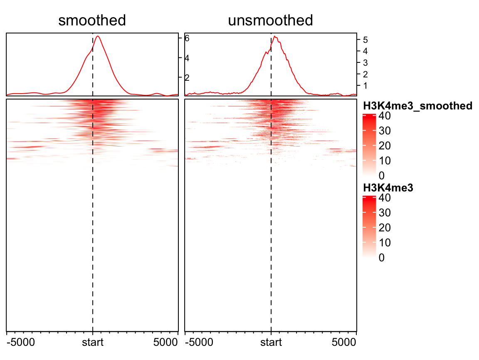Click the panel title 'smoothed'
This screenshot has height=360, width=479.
click(92, 20)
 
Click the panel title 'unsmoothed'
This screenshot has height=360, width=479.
click(270, 20)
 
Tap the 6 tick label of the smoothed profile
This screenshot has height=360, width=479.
click(187, 38)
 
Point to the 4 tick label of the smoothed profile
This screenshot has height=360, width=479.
click(187, 58)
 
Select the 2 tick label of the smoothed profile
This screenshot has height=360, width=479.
click(187, 77)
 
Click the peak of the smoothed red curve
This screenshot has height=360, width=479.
click(98, 36)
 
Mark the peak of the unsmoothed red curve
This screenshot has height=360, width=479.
click(275, 36)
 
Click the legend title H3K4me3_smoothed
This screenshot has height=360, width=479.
click(417, 106)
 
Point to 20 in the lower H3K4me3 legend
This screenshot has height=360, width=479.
click(385, 228)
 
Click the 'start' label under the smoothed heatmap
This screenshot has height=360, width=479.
click(92, 343)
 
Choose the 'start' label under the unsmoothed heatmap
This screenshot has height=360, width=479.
click(271, 343)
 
